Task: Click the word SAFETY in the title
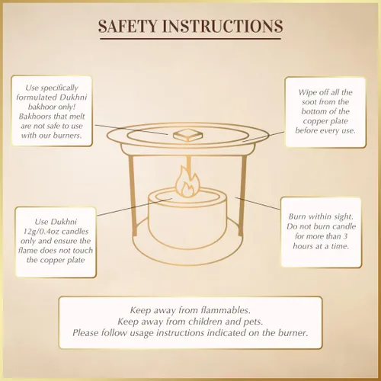point(128,26)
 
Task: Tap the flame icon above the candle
point(187,181)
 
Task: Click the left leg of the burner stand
point(132,195)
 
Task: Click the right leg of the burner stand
point(242,195)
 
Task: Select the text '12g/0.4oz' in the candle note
point(42,232)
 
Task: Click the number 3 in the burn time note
point(345,236)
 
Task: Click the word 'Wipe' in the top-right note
point(307,92)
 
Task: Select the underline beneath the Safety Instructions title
point(190,39)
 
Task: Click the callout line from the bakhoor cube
point(132,130)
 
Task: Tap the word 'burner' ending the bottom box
point(293,333)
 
